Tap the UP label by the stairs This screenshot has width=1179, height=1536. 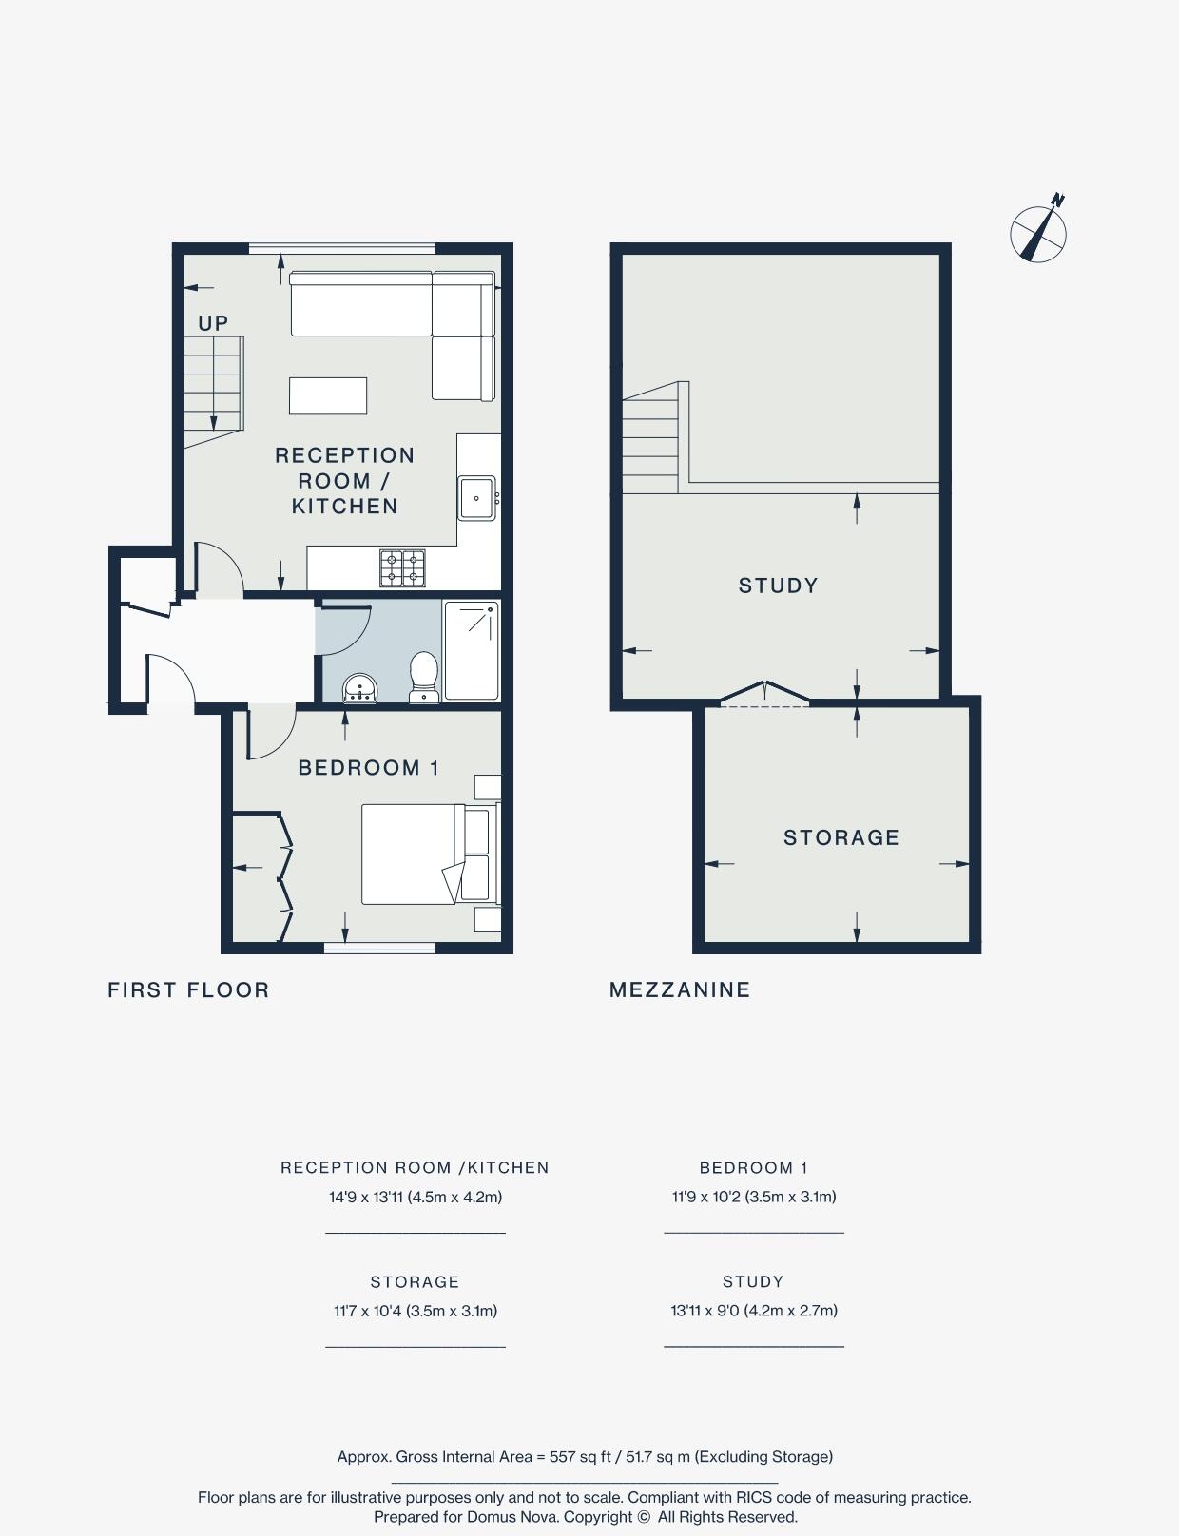pos(213,323)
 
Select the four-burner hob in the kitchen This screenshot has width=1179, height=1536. pos(402,568)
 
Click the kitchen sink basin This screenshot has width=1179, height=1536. pos(476,497)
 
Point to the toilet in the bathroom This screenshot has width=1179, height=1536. pos(424,677)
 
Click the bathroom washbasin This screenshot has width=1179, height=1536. pos(360,687)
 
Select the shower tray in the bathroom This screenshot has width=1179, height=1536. pos(472,650)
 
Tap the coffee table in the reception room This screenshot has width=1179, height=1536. pos(328,395)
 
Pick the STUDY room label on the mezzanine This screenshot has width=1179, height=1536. pos(778,586)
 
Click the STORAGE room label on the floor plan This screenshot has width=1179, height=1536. pos(841,837)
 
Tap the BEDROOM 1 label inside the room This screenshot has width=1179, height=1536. pos(368,768)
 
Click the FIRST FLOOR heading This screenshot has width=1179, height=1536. pos(188,989)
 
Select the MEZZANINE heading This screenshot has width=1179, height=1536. pos(679,989)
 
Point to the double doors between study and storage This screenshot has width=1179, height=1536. pos(764,694)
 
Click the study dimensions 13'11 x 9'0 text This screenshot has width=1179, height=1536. pos(753,1311)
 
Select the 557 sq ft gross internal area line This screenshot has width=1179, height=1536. pos(585,1456)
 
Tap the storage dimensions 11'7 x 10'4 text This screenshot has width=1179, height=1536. pos(415,1311)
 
